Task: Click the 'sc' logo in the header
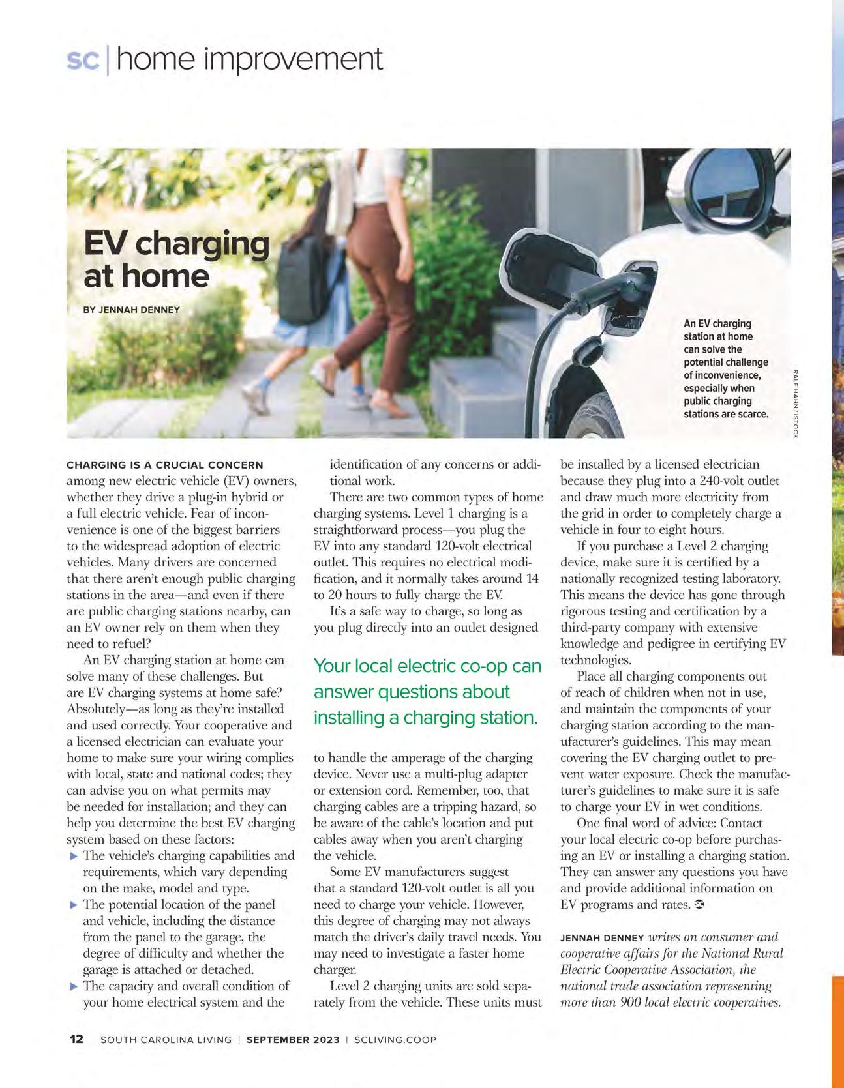83,60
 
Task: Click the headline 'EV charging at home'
176,259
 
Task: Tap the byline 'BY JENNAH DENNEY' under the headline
131,310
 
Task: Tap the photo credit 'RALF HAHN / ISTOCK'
796,404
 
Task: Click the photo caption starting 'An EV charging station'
725,368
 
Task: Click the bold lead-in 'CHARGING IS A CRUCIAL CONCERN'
165,465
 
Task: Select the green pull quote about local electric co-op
427,692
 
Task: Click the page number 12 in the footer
76,1039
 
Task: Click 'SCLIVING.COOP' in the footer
395,1040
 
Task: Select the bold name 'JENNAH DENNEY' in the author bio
602,938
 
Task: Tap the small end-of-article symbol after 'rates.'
700,905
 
